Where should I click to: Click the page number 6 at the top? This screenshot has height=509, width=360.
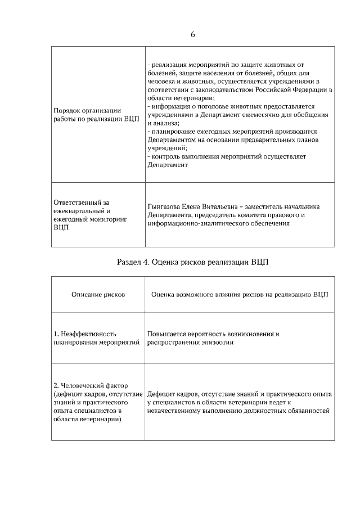coord(192,34)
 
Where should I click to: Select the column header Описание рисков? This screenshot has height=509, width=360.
coord(98,294)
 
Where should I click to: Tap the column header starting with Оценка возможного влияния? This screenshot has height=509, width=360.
coord(240,294)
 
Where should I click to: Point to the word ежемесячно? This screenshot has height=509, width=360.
coord(262,115)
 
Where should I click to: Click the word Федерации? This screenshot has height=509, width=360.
coord(310,89)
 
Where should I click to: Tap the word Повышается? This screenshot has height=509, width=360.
coord(165,334)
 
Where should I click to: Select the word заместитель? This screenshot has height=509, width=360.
coord(273,206)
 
